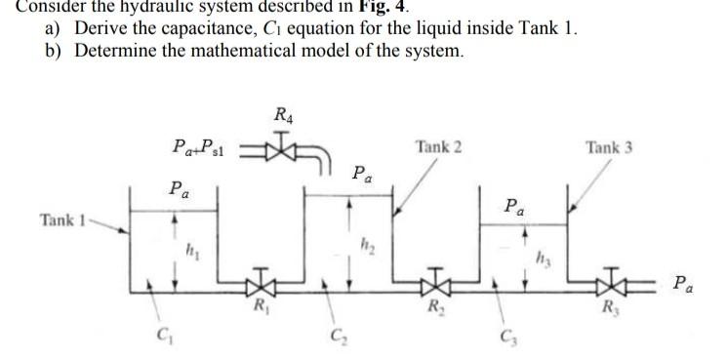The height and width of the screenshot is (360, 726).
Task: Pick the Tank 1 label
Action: pos(64,220)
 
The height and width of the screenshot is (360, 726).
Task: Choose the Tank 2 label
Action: pos(438,147)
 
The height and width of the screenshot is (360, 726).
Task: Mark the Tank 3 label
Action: pos(609,147)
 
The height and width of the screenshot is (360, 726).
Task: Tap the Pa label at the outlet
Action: pos(685,285)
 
